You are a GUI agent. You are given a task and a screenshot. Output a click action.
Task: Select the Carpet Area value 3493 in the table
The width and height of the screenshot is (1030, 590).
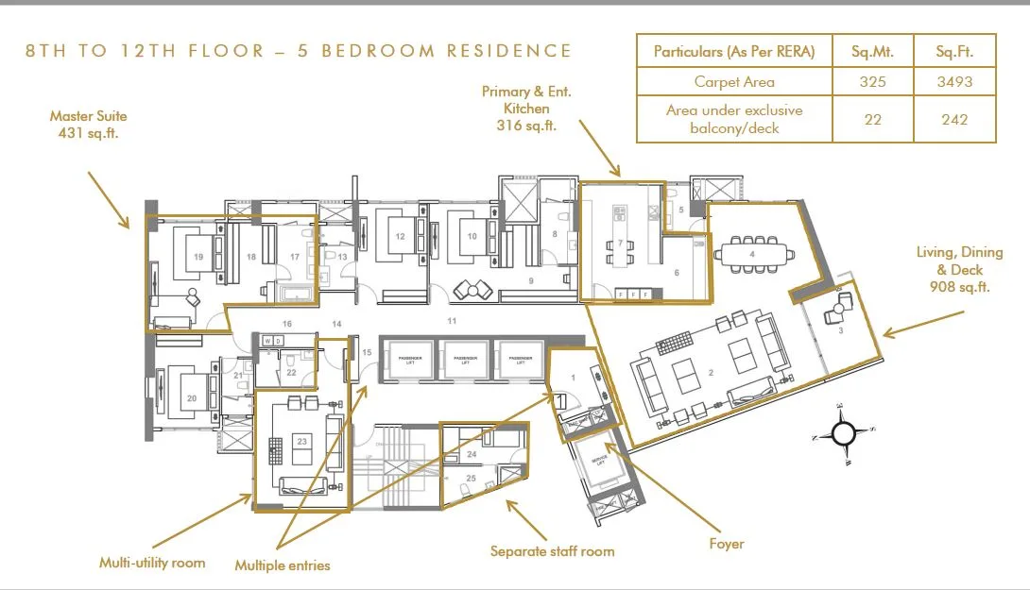click(953, 82)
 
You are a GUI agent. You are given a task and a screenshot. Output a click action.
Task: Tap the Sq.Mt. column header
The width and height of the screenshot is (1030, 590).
click(872, 51)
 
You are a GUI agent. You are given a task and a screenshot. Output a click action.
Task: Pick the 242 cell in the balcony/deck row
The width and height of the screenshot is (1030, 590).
click(953, 119)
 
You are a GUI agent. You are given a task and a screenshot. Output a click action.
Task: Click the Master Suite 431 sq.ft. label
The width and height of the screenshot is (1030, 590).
click(89, 125)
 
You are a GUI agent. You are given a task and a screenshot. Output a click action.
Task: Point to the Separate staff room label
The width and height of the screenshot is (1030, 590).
click(552, 550)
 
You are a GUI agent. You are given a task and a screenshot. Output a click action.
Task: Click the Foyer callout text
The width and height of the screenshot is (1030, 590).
click(727, 544)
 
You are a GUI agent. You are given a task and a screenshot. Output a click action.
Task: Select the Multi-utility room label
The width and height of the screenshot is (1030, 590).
click(152, 563)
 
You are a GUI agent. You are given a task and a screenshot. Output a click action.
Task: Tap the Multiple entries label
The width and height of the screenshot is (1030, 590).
click(283, 565)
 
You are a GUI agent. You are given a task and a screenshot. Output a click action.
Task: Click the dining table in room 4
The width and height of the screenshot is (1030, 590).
click(752, 253)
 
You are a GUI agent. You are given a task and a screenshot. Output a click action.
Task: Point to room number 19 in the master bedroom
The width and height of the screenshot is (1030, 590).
click(198, 256)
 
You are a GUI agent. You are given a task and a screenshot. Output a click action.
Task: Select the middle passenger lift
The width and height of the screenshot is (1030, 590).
click(464, 360)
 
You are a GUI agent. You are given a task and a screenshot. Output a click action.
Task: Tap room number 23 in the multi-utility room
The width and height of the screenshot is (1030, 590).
click(301, 439)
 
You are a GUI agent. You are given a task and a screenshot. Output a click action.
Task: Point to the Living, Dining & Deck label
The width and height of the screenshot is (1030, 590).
click(953, 269)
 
